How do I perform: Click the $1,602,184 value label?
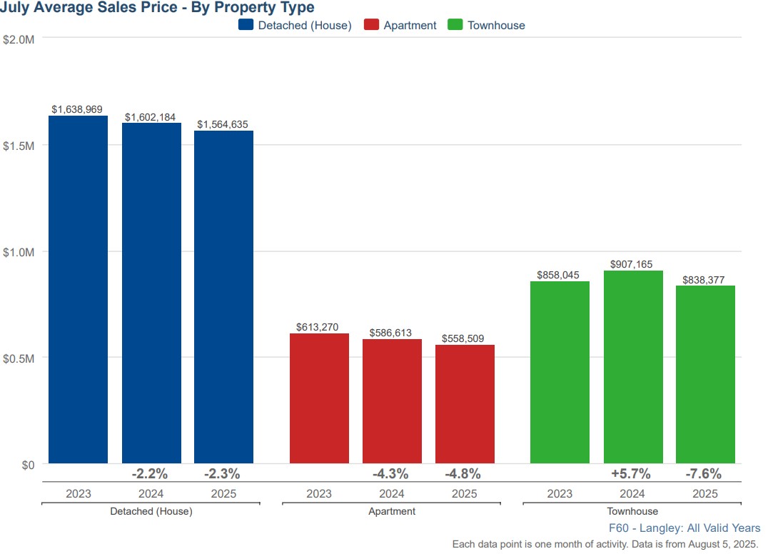[150, 117]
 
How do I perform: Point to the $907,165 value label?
[632, 264]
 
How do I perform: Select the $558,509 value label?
[464, 339]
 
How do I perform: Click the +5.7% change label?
[631, 473]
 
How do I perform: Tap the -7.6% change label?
[704, 473]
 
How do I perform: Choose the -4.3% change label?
[390, 473]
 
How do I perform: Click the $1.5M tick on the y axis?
[19, 146]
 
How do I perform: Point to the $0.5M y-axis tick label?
[19, 358]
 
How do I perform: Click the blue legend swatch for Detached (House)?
[246, 25]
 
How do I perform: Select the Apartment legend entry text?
[410, 25]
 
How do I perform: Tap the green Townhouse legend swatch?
[455, 25]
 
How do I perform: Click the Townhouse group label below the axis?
[632, 511]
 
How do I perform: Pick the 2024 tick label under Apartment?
[392, 494]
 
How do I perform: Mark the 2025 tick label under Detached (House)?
[223, 494]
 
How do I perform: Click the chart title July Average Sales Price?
[157, 8]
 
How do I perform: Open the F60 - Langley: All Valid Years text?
[684, 528]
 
